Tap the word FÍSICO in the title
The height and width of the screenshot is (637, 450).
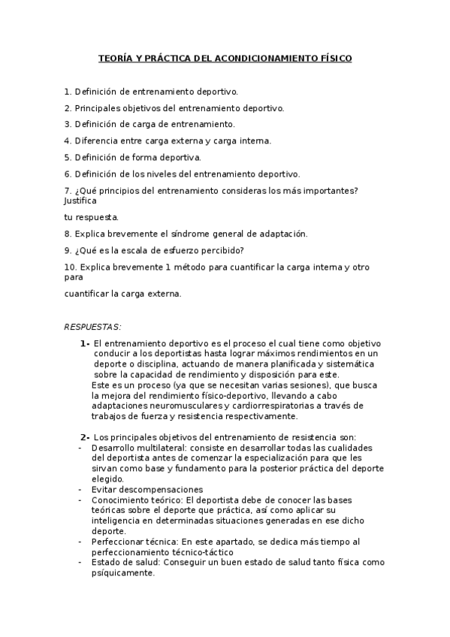point(333,58)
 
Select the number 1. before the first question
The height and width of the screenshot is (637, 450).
point(68,92)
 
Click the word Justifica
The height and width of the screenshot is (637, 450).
point(81,201)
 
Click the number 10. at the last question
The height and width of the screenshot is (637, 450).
point(70,267)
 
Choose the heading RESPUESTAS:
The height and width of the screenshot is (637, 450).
point(93,327)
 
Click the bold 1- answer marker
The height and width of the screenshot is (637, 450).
point(85,343)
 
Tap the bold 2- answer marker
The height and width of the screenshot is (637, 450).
point(85,437)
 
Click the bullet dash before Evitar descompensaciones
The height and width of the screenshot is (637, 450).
point(80,489)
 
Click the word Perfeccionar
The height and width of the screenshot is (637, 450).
point(118,542)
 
